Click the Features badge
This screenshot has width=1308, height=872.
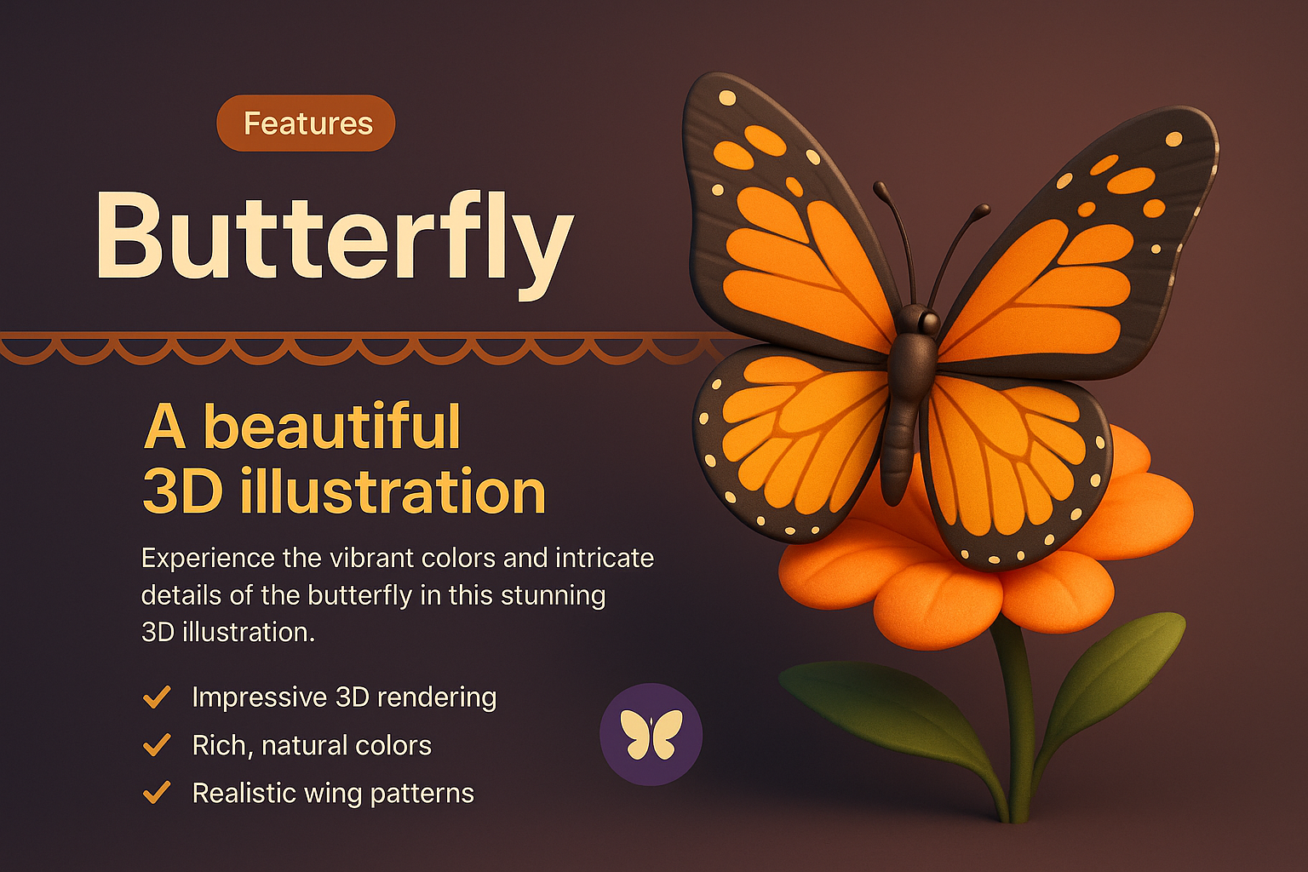(x=307, y=123)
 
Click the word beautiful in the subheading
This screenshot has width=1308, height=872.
(x=332, y=427)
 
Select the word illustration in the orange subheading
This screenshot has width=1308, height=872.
(x=393, y=491)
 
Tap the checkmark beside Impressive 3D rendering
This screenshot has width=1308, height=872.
(x=157, y=697)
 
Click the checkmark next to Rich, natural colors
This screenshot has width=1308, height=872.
(x=157, y=745)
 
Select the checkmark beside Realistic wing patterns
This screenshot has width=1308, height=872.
(x=157, y=793)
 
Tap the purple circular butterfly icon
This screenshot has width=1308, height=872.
(x=651, y=734)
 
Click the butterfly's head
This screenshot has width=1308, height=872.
(x=917, y=321)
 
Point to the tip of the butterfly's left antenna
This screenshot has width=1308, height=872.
(x=880, y=186)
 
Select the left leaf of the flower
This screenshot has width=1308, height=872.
(x=877, y=707)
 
